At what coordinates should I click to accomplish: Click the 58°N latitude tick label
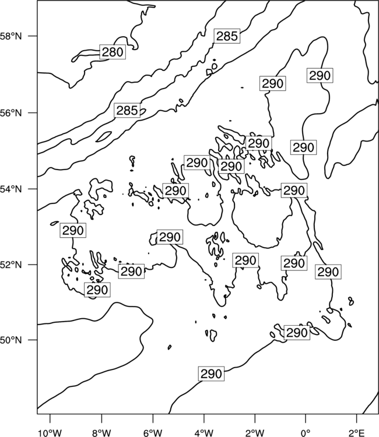pyautogui.click(x=11, y=36)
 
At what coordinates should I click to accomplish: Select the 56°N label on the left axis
pyautogui.click(x=11, y=113)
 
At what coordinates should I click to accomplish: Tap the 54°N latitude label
pyautogui.click(x=11, y=189)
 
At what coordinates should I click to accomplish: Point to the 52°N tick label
pyautogui.click(x=11, y=265)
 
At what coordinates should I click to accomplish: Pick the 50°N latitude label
pyautogui.click(x=11, y=340)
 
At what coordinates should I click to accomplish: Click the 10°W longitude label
pyautogui.click(x=50, y=432)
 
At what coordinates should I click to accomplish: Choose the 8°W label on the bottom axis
pyautogui.click(x=101, y=432)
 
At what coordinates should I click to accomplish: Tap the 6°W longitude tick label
pyautogui.click(x=153, y=432)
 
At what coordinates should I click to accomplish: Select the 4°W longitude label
pyautogui.click(x=204, y=432)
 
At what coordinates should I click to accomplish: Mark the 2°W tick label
pyautogui.click(x=255, y=432)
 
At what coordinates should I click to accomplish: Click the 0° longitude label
pyautogui.click(x=306, y=432)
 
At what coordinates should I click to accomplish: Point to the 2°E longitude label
pyautogui.click(x=357, y=432)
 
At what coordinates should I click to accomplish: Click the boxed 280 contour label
pyautogui.click(x=113, y=52)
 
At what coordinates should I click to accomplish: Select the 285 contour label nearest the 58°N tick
pyautogui.click(x=227, y=36)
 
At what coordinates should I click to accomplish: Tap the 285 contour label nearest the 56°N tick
pyautogui.click(x=127, y=110)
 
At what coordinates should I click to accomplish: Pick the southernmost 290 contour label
pyautogui.click(x=212, y=373)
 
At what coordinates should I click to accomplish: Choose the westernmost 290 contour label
pyautogui.click(x=73, y=230)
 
